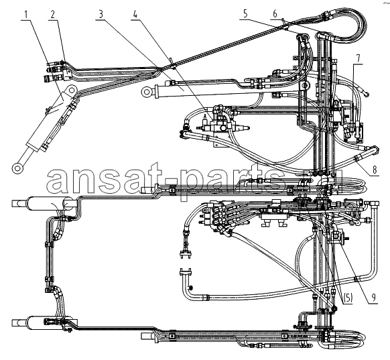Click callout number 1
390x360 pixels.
26,15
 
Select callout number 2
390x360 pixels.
53,15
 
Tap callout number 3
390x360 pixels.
101,14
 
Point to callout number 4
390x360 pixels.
135,14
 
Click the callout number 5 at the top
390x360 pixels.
245,14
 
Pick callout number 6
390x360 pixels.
275,14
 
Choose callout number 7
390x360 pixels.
358,58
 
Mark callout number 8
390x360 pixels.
375,170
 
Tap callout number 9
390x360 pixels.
373,297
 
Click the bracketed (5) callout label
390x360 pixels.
348,298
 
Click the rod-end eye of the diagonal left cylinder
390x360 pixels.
17,168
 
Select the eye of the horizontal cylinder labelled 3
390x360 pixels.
147,93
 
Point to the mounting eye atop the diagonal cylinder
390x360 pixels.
72,91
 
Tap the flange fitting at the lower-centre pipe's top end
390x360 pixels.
185,272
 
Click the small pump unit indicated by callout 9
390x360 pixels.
338,237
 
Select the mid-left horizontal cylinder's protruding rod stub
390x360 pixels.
19,204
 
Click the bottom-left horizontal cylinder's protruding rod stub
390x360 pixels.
19,322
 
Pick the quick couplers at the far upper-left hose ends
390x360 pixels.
54,72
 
